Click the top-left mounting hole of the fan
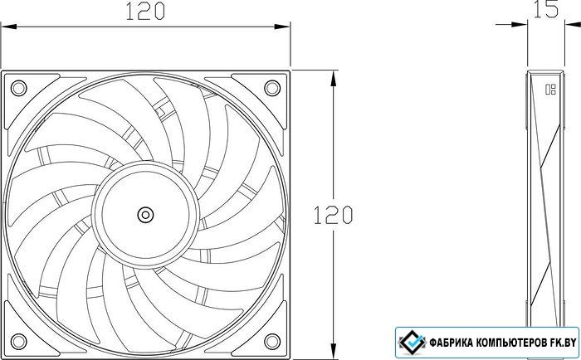point(18,88)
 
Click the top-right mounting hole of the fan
point(272,88)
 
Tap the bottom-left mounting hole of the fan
point(18,342)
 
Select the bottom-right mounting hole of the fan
point(272,342)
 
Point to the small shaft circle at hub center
point(145,215)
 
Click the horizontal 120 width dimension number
point(145,12)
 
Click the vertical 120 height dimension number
point(333,215)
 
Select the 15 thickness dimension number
point(546,9)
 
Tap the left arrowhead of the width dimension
point(8,27)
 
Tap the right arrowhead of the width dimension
point(281,27)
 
